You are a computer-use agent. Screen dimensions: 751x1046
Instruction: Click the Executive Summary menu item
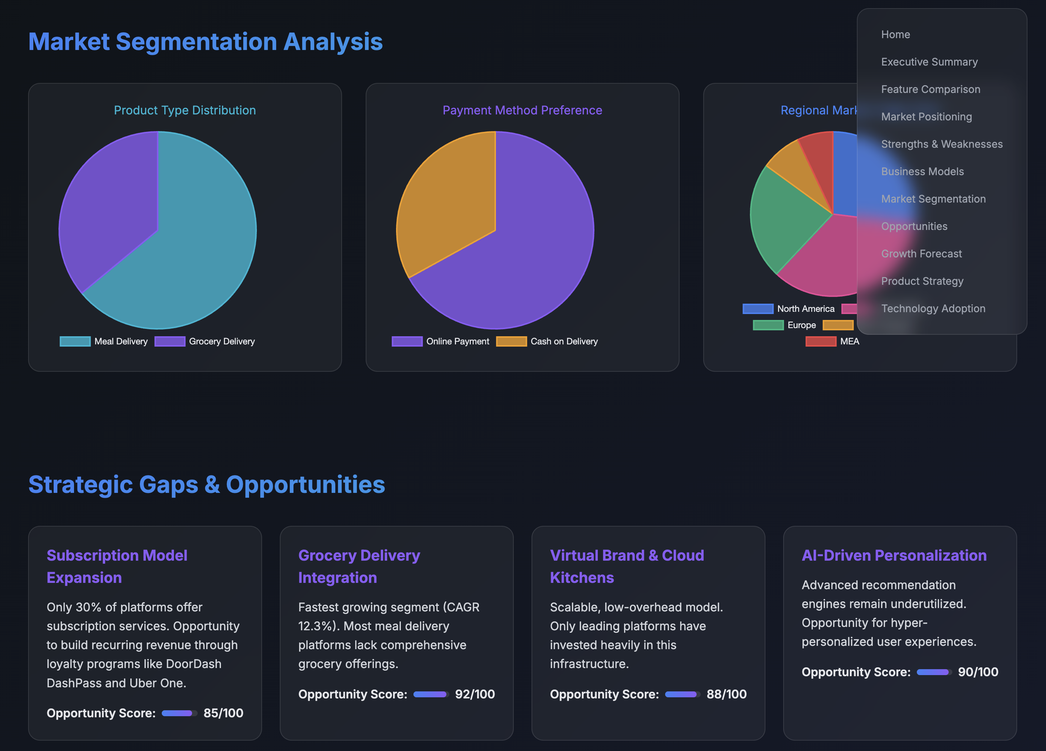point(929,62)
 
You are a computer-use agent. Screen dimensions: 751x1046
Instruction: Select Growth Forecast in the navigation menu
point(921,254)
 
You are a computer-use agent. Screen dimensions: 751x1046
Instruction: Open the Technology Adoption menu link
point(932,308)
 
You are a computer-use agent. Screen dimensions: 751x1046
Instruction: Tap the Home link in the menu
point(895,34)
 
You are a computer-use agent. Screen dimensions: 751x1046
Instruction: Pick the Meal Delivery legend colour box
point(75,341)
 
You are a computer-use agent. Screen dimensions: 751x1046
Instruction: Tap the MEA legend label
point(849,341)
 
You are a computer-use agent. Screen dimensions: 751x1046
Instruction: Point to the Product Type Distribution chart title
point(184,110)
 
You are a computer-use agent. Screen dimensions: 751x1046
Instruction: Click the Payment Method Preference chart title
point(522,110)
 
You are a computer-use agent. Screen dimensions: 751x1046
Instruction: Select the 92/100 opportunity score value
point(475,694)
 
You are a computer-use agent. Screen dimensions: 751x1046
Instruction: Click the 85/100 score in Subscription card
point(223,713)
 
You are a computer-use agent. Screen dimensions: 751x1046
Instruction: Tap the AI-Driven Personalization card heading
point(894,555)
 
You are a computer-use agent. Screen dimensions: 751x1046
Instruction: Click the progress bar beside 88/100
point(682,694)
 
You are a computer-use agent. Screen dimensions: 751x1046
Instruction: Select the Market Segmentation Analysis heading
point(205,41)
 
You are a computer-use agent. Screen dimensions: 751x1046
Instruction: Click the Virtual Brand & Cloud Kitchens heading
point(626,567)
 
